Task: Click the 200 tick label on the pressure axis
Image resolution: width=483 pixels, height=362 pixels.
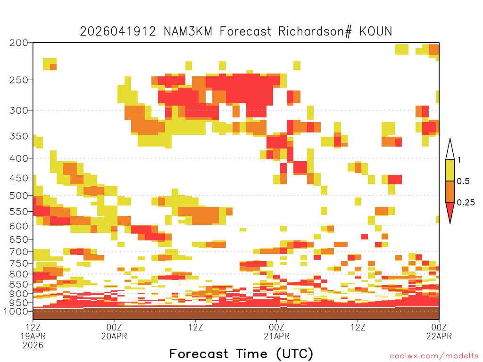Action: click(x=19, y=43)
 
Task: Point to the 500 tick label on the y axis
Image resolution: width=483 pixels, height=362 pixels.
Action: click(x=19, y=196)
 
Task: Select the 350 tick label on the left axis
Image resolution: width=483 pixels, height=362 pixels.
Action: click(x=19, y=136)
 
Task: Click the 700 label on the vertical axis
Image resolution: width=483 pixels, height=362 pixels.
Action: click(x=19, y=252)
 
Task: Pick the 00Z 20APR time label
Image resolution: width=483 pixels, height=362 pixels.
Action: click(x=114, y=331)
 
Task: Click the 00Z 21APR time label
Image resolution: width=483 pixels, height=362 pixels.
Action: click(x=276, y=331)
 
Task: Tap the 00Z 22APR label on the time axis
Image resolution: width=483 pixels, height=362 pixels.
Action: click(x=439, y=331)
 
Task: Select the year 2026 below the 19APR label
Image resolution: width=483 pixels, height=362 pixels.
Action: click(x=33, y=346)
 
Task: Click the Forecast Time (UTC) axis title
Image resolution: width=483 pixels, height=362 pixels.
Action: click(x=241, y=354)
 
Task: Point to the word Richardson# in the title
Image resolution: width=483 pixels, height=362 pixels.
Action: click(x=315, y=32)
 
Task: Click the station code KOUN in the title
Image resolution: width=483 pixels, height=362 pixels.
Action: click(x=376, y=32)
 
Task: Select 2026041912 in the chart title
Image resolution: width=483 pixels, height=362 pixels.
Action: click(x=118, y=32)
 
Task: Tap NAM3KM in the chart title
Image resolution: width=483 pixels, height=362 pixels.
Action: click(x=188, y=32)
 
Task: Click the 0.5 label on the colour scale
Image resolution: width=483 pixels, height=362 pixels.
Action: click(x=463, y=181)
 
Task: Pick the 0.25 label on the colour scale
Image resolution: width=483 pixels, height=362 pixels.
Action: click(x=466, y=202)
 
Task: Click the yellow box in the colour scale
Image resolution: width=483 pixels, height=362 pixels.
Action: click(x=450, y=170)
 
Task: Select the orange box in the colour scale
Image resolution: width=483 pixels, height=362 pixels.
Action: click(x=450, y=191)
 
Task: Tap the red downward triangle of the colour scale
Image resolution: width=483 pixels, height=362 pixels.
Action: click(x=450, y=211)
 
